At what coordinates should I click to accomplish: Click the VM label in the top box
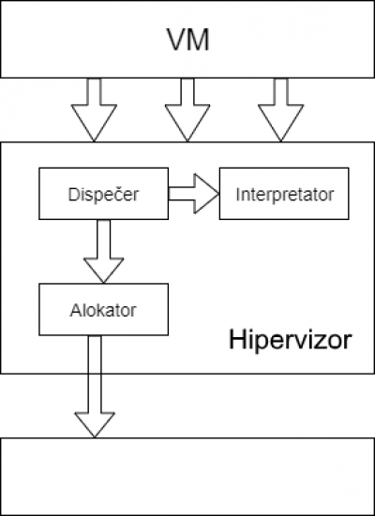pos(188,39)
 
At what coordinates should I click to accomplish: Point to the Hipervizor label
pos(291,340)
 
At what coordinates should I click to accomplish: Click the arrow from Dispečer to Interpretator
pos(194,194)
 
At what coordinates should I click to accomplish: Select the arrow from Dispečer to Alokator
pos(103,251)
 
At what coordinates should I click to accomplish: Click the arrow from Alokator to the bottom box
pos(95,387)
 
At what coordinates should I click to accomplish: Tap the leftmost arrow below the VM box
pos(94,110)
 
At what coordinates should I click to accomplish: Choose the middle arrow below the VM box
pos(187,110)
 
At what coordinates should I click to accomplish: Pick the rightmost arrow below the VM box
pos(280,110)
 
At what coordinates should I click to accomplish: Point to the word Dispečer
pos(103,194)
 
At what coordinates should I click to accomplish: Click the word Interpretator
pos(285,195)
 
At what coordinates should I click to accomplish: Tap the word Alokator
pos(103,310)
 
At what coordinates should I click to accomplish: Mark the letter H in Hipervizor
pos(236,339)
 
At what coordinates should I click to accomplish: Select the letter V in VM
pos(177,39)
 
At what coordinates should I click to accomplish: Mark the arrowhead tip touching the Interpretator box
pos(219,194)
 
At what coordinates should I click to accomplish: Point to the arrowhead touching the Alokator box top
pos(103,283)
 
